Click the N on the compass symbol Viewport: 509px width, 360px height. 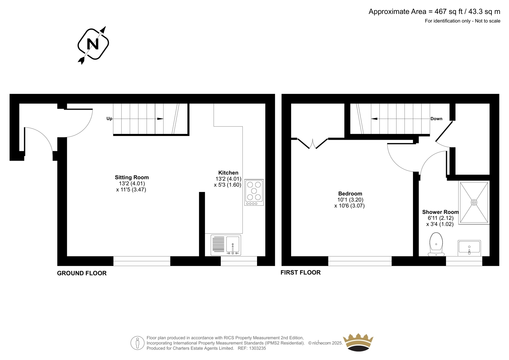(93, 44)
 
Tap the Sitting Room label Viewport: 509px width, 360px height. (132, 177)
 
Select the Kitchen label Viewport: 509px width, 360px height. (228, 173)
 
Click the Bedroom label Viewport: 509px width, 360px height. (350, 194)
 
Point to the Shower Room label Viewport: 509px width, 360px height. (440, 212)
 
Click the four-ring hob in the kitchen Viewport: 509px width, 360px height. (254, 192)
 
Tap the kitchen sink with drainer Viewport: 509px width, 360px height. (226, 245)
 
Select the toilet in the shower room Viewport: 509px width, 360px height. (436, 244)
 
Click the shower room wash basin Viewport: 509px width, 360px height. (469, 248)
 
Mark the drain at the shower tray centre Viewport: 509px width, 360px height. (474, 202)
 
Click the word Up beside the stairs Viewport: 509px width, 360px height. (109, 119)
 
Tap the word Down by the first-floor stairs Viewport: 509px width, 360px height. (436, 119)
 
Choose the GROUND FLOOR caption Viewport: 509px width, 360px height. (82, 273)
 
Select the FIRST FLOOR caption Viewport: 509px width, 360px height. (300, 272)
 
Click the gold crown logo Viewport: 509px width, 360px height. (358, 342)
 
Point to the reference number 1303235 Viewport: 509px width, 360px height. (257, 348)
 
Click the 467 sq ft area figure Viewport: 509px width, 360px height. (449, 11)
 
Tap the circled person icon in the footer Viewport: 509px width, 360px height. (137, 343)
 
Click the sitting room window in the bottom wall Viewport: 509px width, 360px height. (142, 261)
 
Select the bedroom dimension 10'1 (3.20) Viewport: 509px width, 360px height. (350, 200)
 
